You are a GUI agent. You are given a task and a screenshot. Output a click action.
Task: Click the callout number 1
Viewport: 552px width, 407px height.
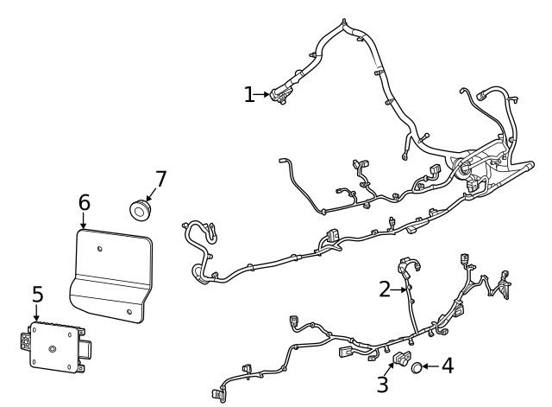pyautogui.click(x=249, y=94)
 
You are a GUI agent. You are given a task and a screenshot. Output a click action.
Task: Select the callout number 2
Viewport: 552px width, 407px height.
pyautogui.click(x=385, y=289)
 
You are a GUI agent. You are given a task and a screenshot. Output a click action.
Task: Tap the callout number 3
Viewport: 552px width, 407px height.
pyautogui.click(x=382, y=383)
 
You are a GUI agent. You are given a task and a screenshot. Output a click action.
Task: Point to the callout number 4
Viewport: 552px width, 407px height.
pyautogui.click(x=447, y=366)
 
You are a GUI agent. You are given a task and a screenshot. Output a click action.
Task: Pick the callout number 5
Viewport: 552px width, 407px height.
pyautogui.click(x=37, y=295)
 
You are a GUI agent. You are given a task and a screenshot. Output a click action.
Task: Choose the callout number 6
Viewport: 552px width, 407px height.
pyautogui.click(x=84, y=202)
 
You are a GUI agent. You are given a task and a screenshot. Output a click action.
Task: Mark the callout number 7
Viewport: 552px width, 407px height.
pyautogui.click(x=160, y=180)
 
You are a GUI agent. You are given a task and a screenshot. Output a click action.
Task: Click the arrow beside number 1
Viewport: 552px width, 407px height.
pyautogui.click(x=264, y=94)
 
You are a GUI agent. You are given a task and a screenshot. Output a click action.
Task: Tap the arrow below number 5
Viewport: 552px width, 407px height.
pyautogui.click(x=36, y=316)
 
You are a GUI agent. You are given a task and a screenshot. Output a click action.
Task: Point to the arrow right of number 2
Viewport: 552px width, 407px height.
pyautogui.click(x=400, y=290)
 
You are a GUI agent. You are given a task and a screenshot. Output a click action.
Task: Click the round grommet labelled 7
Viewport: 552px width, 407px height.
pyautogui.click(x=139, y=208)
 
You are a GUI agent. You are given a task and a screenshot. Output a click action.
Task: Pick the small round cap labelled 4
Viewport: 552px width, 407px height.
pyautogui.click(x=416, y=368)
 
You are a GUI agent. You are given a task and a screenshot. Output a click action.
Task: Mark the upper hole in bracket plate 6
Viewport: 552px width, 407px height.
pyautogui.click(x=101, y=250)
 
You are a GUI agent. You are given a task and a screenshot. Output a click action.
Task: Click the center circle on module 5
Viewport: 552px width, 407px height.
pyautogui.click(x=52, y=350)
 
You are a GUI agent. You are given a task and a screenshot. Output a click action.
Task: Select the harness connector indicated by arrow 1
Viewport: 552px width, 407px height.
pyautogui.click(x=281, y=95)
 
